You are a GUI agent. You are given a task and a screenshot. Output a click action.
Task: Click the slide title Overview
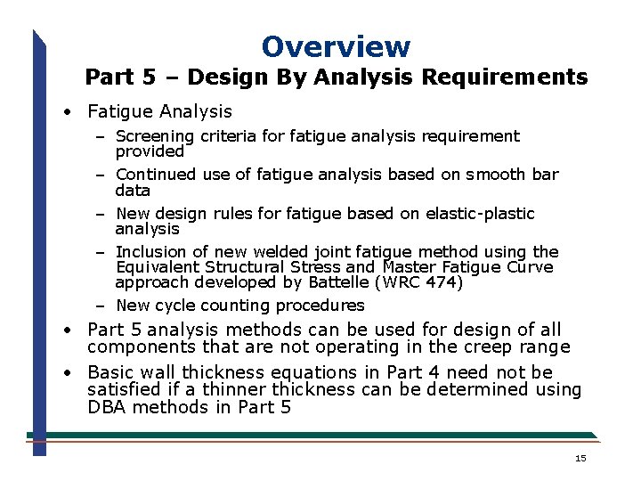tap(336, 46)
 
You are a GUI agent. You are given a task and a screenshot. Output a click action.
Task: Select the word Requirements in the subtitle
tap(504, 77)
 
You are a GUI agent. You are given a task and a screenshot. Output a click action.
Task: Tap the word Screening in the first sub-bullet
tap(155, 136)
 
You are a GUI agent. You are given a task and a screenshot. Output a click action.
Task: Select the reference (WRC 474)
tap(419, 282)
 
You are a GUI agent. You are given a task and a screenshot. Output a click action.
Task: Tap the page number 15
tap(580, 458)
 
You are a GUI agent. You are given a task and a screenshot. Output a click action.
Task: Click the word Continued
tap(156, 175)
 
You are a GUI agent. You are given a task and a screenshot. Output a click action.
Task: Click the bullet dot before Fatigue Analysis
tap(68, 112)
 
